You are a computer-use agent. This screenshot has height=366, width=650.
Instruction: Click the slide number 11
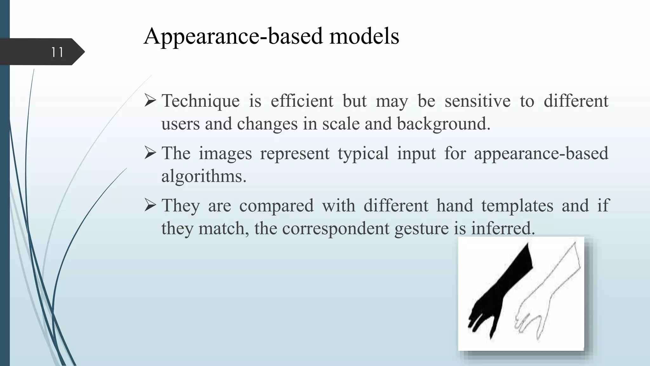57,52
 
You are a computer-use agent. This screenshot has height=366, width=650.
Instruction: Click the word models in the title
364,36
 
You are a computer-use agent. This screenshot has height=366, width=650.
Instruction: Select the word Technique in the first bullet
201,101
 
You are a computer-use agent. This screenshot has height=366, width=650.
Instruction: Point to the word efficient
302,101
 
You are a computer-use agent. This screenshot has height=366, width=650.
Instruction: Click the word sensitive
477,101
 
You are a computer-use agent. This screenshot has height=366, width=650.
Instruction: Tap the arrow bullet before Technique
150,100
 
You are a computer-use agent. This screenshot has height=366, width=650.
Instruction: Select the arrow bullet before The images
150,153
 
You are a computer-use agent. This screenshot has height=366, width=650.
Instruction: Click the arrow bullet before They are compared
150,205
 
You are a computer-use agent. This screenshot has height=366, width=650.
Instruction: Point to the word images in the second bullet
225,153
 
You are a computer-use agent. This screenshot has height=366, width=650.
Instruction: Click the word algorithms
203,176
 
